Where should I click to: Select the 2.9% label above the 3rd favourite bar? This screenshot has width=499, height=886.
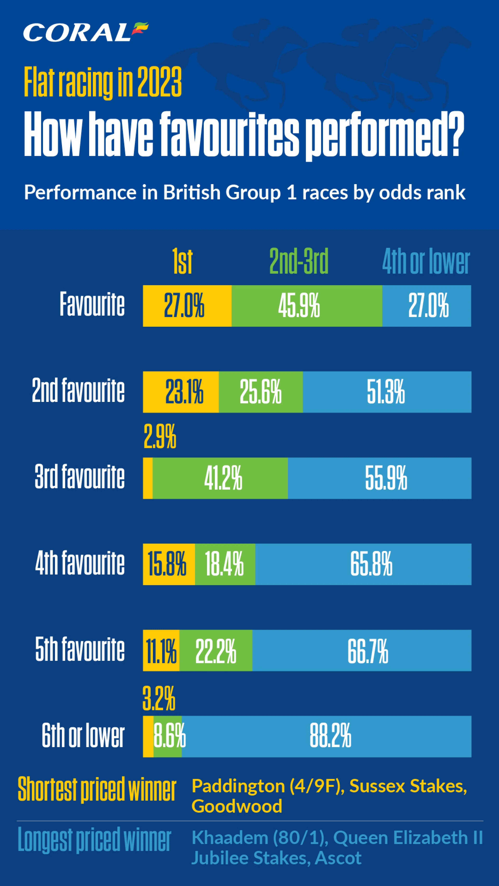point(160,436)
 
